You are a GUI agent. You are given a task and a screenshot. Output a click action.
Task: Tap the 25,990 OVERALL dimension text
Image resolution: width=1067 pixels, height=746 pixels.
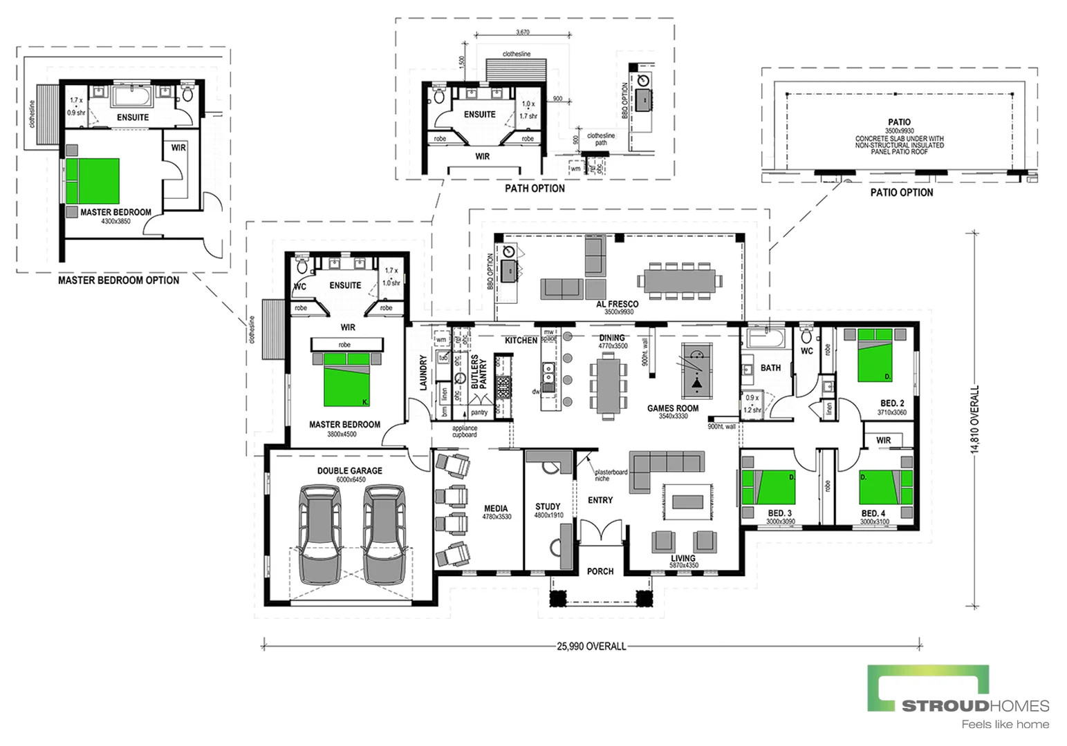pyautogui.click(x=591, y=647)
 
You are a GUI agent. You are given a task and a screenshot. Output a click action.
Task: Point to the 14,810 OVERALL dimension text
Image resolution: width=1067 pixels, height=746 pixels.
pyautogui.click(x=975, y=419)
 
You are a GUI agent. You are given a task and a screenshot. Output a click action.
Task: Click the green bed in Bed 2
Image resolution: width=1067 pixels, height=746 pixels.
pyautogui.click(x=875, y=355)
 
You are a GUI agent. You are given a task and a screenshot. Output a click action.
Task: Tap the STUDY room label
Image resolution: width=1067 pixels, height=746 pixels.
pyautogui.click(x=548, y=507)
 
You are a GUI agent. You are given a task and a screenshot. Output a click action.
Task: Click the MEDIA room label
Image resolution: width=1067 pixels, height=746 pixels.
pyautogui.click(x=497, y=509)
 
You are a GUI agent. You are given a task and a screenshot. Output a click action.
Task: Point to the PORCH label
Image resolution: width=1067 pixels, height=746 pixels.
pyautogui.click(x=600, y=571)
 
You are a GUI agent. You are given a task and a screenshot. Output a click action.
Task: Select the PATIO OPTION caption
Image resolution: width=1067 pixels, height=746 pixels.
pyautogui.click(x=901, y=193)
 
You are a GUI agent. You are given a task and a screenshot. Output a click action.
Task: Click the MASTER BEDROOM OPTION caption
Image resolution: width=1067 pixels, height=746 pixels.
pyautogui.click(x=118, y=280)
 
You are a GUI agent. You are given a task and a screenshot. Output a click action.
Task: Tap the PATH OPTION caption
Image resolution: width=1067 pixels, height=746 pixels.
pyautogui.click(x=535, y=189)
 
